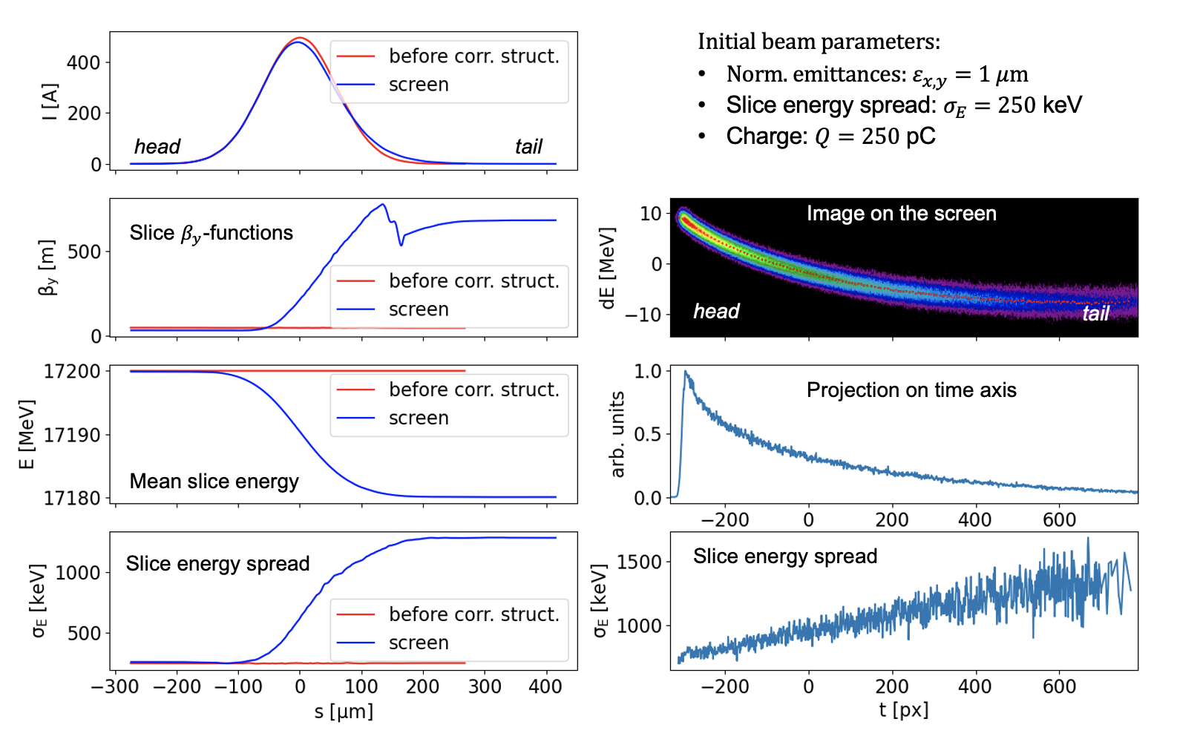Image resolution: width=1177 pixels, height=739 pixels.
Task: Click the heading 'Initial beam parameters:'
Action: point(819,42)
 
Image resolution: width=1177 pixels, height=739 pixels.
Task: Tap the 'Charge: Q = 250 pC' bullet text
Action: point(830,137)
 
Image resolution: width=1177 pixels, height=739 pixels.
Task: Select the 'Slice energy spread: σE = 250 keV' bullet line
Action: point(903,105)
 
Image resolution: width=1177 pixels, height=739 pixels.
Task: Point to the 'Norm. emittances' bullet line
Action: point(876,74)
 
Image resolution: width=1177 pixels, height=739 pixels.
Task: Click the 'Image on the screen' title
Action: point(901,214)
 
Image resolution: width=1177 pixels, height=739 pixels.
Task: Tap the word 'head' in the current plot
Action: point(157,147)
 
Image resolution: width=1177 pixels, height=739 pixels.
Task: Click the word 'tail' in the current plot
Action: point(528,147)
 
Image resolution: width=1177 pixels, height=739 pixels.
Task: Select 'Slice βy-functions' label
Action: point(212,233)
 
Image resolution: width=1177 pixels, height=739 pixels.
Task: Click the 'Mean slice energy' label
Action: point(214,482)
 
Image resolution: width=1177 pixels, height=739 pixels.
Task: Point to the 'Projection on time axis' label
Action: point(911,390)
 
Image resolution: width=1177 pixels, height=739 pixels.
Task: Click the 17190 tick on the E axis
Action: point(72,435)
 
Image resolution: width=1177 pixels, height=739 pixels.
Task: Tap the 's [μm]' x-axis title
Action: point(344,712)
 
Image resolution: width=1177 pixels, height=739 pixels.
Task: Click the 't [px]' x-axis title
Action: point(903,710)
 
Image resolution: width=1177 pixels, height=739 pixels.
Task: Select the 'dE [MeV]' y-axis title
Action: point(608,268)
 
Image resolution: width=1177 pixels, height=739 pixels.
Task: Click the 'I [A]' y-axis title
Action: point(49,102)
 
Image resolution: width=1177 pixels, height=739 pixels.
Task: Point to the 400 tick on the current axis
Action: point(83,62)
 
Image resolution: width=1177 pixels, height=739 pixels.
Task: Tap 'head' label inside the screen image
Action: point(716,312)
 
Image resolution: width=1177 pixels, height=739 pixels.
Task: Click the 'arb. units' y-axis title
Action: point(617,434)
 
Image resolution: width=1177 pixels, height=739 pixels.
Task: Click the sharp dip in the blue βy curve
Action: point(401,243)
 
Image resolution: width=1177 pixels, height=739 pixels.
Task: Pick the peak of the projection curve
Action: point(685,372)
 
